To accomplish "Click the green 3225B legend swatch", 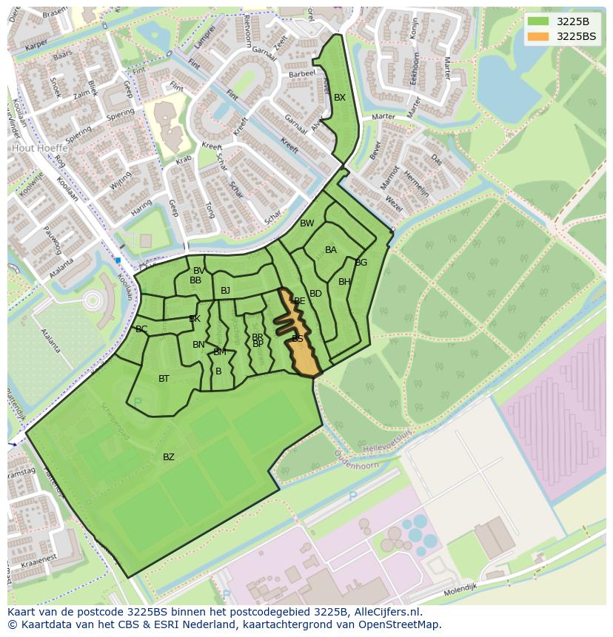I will tap(538, 21).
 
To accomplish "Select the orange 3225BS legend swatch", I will tap(538, 36).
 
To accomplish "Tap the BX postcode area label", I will tap(340, 98).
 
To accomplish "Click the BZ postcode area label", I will tap(169, 457).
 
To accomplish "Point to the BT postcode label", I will tap(164, 379).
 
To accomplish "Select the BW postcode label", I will tap(306, 223).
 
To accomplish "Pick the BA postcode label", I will tap(331, 250).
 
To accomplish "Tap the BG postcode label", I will tap(361, 263).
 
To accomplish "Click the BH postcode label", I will tap(344, 282).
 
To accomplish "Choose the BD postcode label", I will tap(315, 294).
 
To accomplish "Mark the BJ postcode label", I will tap(225, 291).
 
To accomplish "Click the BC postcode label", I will tap(141, 329).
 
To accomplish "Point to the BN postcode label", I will tap(198, 345).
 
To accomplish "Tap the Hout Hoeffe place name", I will tap(39, 148).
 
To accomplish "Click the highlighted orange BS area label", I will tap(298, 339).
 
